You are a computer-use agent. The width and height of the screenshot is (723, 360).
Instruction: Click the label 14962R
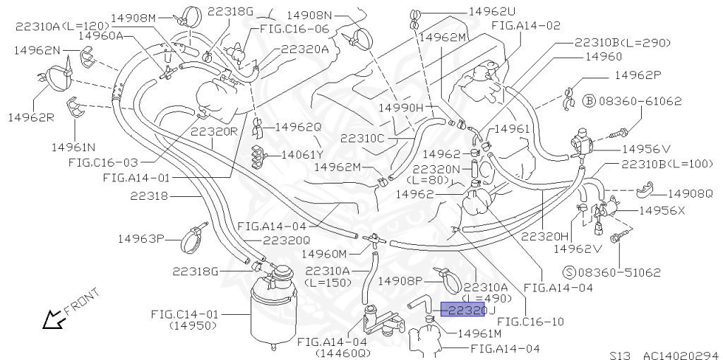coord(30,116)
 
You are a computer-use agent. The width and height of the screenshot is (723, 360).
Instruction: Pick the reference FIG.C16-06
coord(294,29)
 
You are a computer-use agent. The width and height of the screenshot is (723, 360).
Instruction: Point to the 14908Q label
coord(690,193)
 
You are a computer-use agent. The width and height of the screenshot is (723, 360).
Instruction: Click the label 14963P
coord(141,239)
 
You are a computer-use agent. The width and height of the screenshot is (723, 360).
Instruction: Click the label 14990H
coord(401,107)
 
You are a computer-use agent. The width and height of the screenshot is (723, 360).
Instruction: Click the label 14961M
coord(479,333)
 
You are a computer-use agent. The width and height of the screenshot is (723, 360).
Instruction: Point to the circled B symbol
coord(590,101)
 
